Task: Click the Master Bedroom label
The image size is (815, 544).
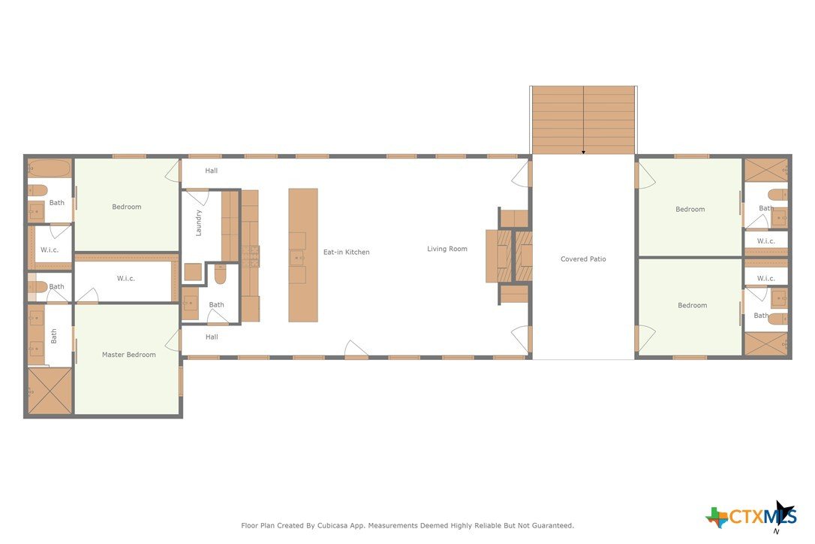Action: (x=128, y=355)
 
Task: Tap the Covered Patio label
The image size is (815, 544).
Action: (x=583, y=258)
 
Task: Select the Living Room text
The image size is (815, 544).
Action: (x=447, y=249)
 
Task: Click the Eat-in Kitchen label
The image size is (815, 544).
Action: (x=346, y=252)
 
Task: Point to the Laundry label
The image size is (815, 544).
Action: (x=199, y=223)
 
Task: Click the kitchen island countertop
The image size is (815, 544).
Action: (x=303, y=255)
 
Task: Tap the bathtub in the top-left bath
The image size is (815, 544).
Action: (x=50, y=168)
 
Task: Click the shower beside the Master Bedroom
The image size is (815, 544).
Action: (x=50, y=391)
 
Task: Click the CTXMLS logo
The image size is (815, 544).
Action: (x=751, y=515)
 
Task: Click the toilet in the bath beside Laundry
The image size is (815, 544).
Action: (x=221, y=274)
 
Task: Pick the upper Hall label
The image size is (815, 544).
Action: (x=211, y=171)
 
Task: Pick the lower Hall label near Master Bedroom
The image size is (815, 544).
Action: (x=212, y=337)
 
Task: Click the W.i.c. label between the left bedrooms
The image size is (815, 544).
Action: (x=126, y=279)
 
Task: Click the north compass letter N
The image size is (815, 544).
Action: (x=777, y=531)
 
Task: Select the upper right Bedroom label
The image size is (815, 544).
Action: (x=690, y=210)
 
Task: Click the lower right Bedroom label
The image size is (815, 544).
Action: (x=693, y=306)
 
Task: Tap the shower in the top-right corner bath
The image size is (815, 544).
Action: (x=766, y=171)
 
